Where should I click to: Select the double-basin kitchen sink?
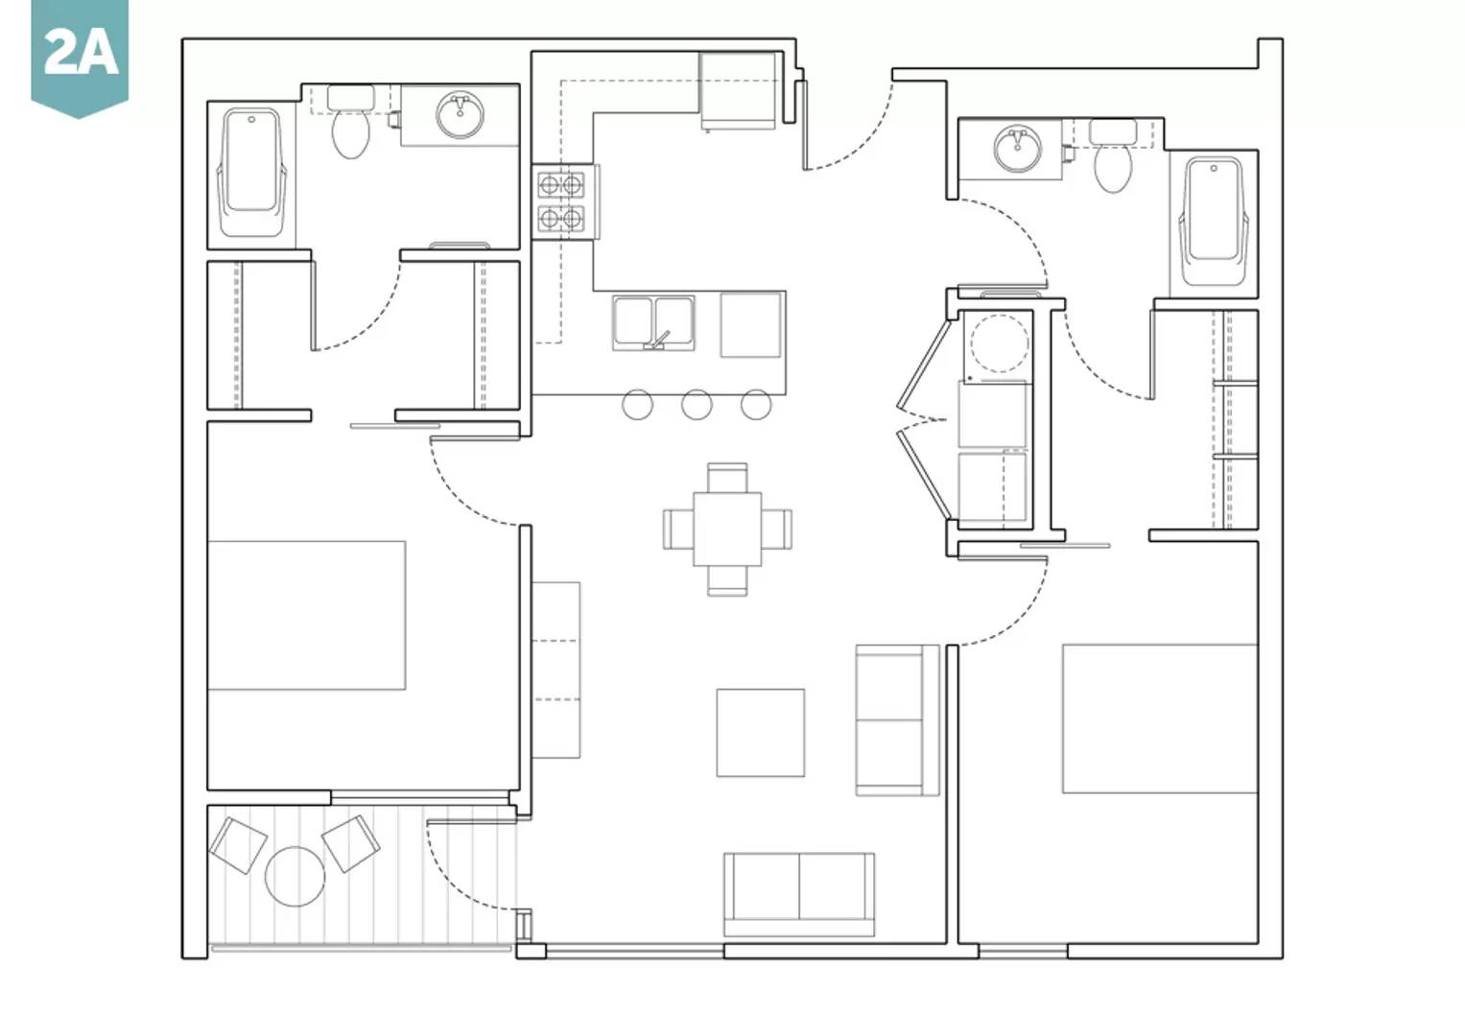(x=653, y=323)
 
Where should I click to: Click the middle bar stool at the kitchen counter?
(x=697, y=404)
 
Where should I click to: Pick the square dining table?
(x=727, y=530)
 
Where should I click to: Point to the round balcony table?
(x=295, y=877)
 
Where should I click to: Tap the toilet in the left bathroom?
(x=350, y=123)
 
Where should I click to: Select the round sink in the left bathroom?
(x=461, y=114)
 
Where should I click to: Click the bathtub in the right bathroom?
(x=1214, y=221)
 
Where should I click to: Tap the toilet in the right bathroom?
(x=1113, y=156)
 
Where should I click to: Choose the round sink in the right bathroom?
(x=1017, y=149)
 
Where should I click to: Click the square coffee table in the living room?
(x=761, y=733)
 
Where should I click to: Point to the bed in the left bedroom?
(x=307, y=615)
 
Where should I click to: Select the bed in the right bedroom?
(x=1160, y=718)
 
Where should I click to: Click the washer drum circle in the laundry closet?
(x=1000, y=342)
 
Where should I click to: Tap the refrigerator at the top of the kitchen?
(x=739, y=91)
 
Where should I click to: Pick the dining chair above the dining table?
(x=727, y=478)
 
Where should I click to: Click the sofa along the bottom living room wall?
(x=799, y=894)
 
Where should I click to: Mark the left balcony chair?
(x=238, y=846)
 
